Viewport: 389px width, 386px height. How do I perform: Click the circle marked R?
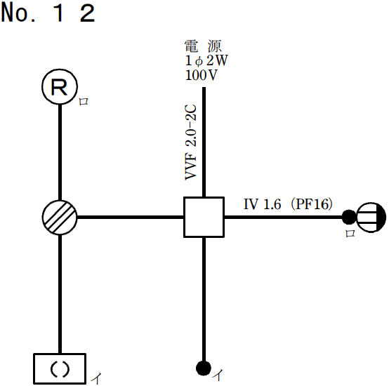(60, 87)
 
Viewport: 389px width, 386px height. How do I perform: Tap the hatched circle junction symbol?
(60, 217)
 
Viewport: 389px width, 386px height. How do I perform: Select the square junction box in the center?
(203, 217)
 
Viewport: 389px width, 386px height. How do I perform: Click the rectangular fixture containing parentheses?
(60, 368)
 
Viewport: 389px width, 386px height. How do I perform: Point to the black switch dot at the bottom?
(203, 368)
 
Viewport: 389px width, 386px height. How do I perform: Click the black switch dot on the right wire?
(348, 217)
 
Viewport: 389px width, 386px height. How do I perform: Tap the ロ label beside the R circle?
(84, 102)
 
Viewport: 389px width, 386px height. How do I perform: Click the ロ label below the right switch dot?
(350, 234)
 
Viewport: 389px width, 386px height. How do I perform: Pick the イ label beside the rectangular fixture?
(94, 379)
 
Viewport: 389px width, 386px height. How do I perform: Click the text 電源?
(203, 47)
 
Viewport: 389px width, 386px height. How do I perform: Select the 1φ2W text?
(206, 61)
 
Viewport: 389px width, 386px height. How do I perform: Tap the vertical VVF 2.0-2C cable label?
(191, 144)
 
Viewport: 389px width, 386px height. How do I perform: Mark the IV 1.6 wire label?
(263, 204)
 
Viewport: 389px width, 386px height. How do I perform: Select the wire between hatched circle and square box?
(130, 217)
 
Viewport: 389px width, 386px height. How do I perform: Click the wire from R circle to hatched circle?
(60, 151)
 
